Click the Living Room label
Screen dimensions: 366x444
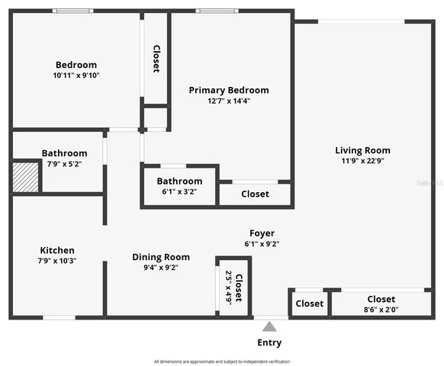362,150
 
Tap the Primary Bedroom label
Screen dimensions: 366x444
229,90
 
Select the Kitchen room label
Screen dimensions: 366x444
57,250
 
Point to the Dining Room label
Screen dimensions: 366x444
161,257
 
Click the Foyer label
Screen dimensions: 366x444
262,233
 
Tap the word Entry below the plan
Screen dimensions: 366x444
269,343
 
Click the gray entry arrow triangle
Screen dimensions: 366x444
269,326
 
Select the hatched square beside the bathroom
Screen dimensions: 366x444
27,176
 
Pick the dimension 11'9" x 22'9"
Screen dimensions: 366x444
362,161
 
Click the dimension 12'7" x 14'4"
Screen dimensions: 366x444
229,101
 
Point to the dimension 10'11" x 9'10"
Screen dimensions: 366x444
76,75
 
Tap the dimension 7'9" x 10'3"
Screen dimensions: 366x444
57,261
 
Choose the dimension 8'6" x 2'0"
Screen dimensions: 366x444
381,310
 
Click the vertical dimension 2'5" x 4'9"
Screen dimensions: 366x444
228,287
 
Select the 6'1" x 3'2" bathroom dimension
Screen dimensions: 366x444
180,192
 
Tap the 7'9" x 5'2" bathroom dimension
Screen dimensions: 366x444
64,164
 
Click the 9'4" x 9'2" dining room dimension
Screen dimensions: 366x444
161,268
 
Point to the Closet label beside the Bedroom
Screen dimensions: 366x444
156,59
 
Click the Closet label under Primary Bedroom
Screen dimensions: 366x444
255,194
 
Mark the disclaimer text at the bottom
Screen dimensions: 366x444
222,361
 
